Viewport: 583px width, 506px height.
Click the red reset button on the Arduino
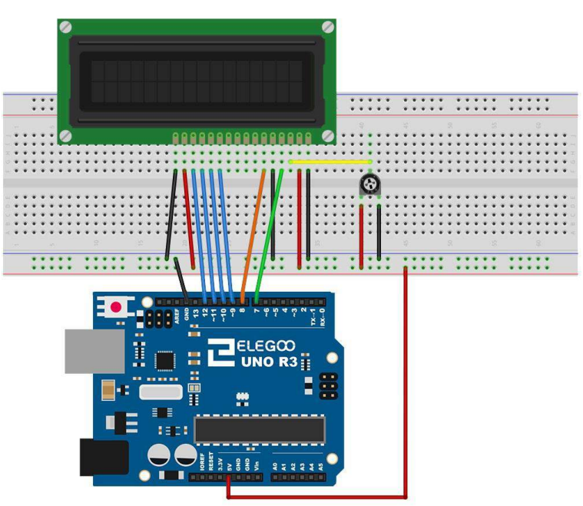(x=116, y=307)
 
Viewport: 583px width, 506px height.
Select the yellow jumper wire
(x=330, y=162)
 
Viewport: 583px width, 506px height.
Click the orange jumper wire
(x=253, y=230)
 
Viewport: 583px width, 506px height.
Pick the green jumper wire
(x=270, y=230)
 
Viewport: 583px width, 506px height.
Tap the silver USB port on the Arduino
(x=93, y=351)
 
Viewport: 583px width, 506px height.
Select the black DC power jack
(x=102, y=457)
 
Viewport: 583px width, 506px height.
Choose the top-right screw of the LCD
(x=328, y=27)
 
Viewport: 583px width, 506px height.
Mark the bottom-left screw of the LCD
(x=65, y=136)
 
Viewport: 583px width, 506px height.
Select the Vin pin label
(x=256, y=463)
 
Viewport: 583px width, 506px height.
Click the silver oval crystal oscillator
(x=161, y=392)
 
